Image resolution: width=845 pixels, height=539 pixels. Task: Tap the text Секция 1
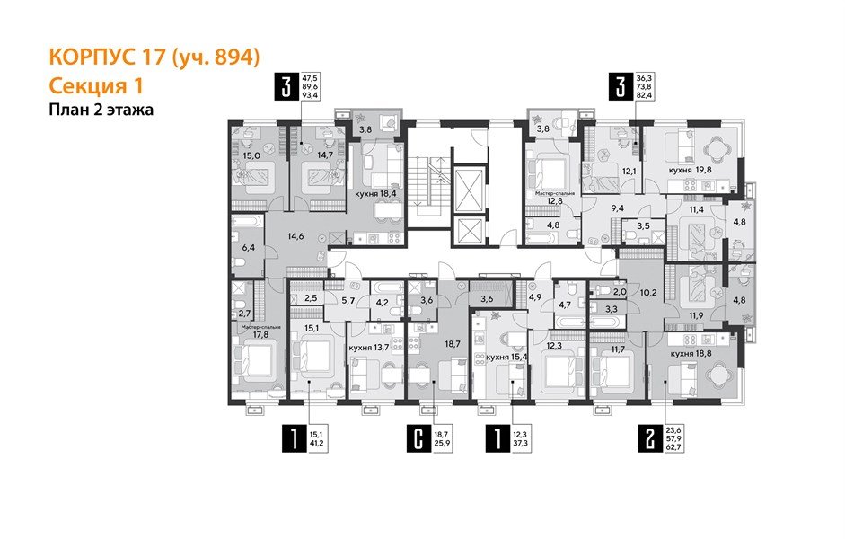point(95,86)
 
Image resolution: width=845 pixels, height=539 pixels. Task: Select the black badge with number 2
point(645,440)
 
